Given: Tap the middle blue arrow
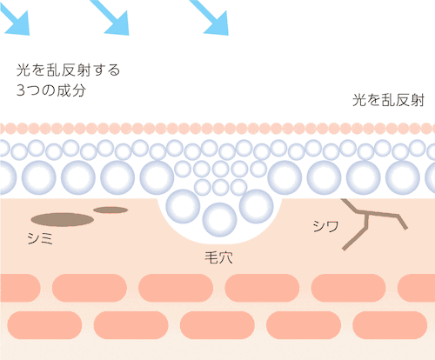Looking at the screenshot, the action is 111,17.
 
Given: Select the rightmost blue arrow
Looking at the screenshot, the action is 211,17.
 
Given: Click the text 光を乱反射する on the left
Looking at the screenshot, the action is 68,70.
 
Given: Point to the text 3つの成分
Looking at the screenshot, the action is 51,90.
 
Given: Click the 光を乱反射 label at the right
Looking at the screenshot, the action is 388,100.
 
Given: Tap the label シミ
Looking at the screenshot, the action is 40,239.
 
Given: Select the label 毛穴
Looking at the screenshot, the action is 218,257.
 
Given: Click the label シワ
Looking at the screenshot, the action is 325,226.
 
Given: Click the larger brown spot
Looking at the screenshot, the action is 63,219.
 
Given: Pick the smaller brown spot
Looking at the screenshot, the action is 110,210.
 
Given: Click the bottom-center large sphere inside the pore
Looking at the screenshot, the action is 219,219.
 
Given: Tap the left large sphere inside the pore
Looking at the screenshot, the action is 183,206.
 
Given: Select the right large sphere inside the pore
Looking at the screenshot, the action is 257,206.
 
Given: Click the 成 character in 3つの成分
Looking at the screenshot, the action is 64,90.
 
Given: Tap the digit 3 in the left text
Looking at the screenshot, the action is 21,90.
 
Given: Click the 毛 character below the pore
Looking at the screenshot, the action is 211,257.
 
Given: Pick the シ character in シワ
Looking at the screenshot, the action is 319,226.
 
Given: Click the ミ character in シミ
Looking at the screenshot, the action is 47,239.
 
